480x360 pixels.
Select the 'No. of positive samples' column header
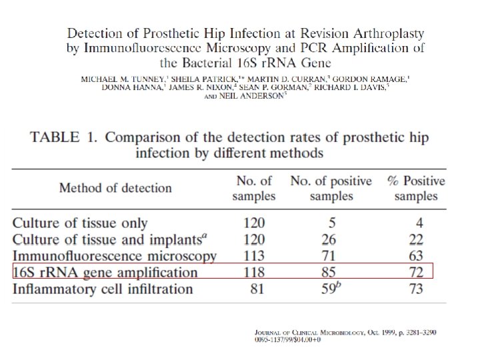(331, 187)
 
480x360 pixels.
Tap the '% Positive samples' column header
(416, 187)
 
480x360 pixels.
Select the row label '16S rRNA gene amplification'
(105, 273)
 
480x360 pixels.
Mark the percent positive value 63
(417, 256)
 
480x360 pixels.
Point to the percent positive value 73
(417, 289)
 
